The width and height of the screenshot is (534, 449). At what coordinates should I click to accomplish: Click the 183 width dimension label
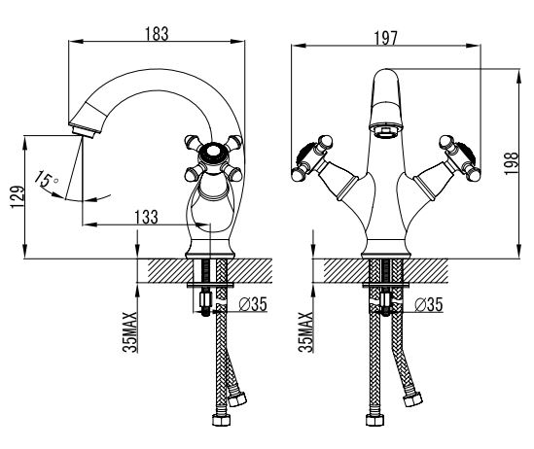(157, 33)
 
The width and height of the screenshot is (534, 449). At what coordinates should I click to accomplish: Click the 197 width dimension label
(386, 38)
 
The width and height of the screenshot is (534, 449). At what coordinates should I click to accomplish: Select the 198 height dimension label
(511, 163)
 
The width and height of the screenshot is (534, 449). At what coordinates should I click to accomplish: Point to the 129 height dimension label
(18, 197)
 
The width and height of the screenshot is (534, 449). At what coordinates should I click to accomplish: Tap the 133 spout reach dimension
(147, 217)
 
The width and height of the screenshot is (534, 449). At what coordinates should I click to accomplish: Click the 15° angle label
(47, 179)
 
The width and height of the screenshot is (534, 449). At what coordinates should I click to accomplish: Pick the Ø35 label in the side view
(253, 304)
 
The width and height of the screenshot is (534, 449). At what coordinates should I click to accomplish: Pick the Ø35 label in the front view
(429, 304)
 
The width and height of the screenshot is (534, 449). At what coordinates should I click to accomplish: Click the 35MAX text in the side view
(130, 332)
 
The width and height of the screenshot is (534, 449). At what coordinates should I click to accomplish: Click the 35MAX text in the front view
(305, 332)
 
